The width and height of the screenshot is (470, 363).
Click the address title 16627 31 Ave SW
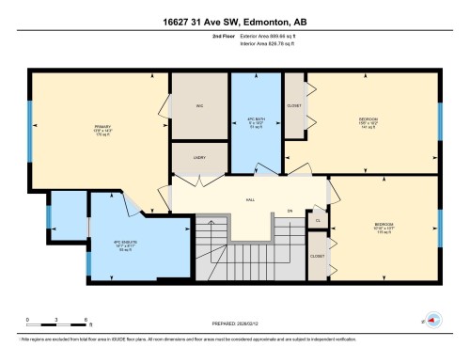234,20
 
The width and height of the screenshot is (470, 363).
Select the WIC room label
199,105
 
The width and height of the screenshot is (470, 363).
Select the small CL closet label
319,221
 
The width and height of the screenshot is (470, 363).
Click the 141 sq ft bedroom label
368,122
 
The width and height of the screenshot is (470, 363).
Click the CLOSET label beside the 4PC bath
294,105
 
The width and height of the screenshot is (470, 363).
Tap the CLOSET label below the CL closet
318,256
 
